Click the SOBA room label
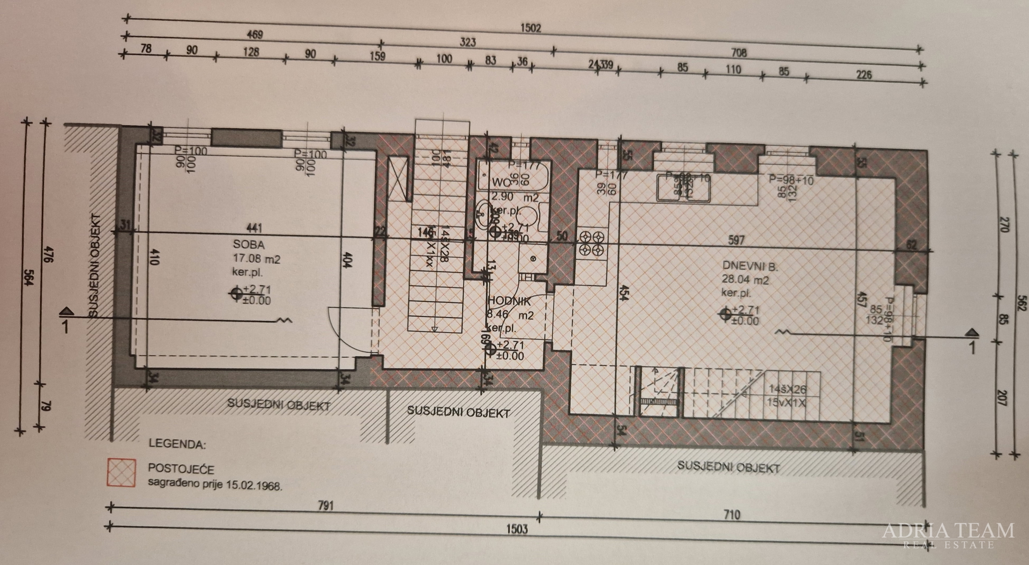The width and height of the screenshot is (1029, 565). [x=249, y=244]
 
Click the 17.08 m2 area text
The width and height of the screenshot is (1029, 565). [x=256, y=259]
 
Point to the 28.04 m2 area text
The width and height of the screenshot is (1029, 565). [x=745, y=280]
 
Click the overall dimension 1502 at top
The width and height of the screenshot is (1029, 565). [x=530, y=28]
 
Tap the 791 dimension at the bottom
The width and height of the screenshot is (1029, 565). [x=325, y=505]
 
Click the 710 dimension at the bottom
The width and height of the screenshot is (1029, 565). [x=731, y=515]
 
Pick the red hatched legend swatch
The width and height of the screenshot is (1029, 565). [x=122, y=472]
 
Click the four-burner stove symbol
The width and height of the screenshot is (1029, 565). [x=592, y=243]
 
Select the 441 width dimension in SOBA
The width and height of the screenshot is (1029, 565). [x=254, y=229]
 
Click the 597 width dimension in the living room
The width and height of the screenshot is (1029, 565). [x=736, y=240]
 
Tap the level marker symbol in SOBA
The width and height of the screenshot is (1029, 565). [x=236, y=294]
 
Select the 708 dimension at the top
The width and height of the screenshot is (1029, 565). [x=738, y=53]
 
